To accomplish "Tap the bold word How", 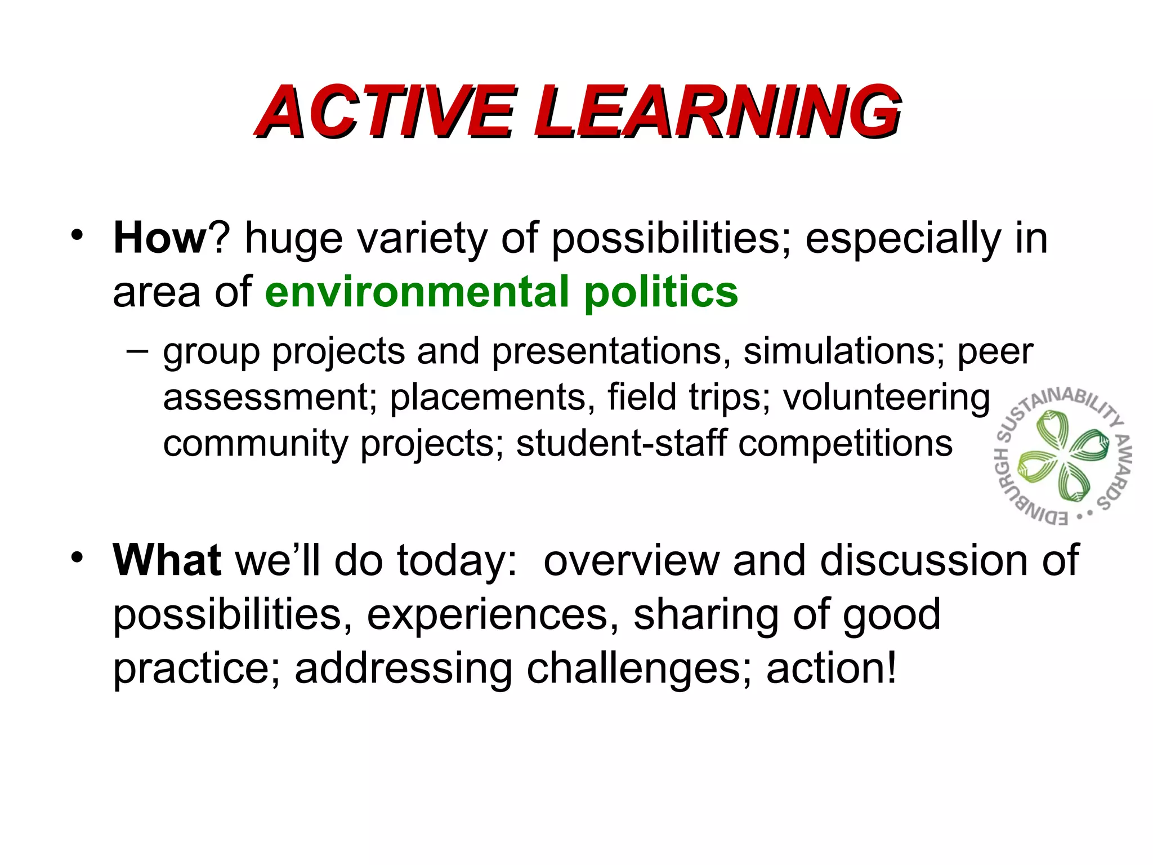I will pos(160,239).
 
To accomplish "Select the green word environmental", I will pos(417,292).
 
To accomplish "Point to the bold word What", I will pos(167,560).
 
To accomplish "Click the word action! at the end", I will pos(831,668).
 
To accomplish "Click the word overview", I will pos(631,561).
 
